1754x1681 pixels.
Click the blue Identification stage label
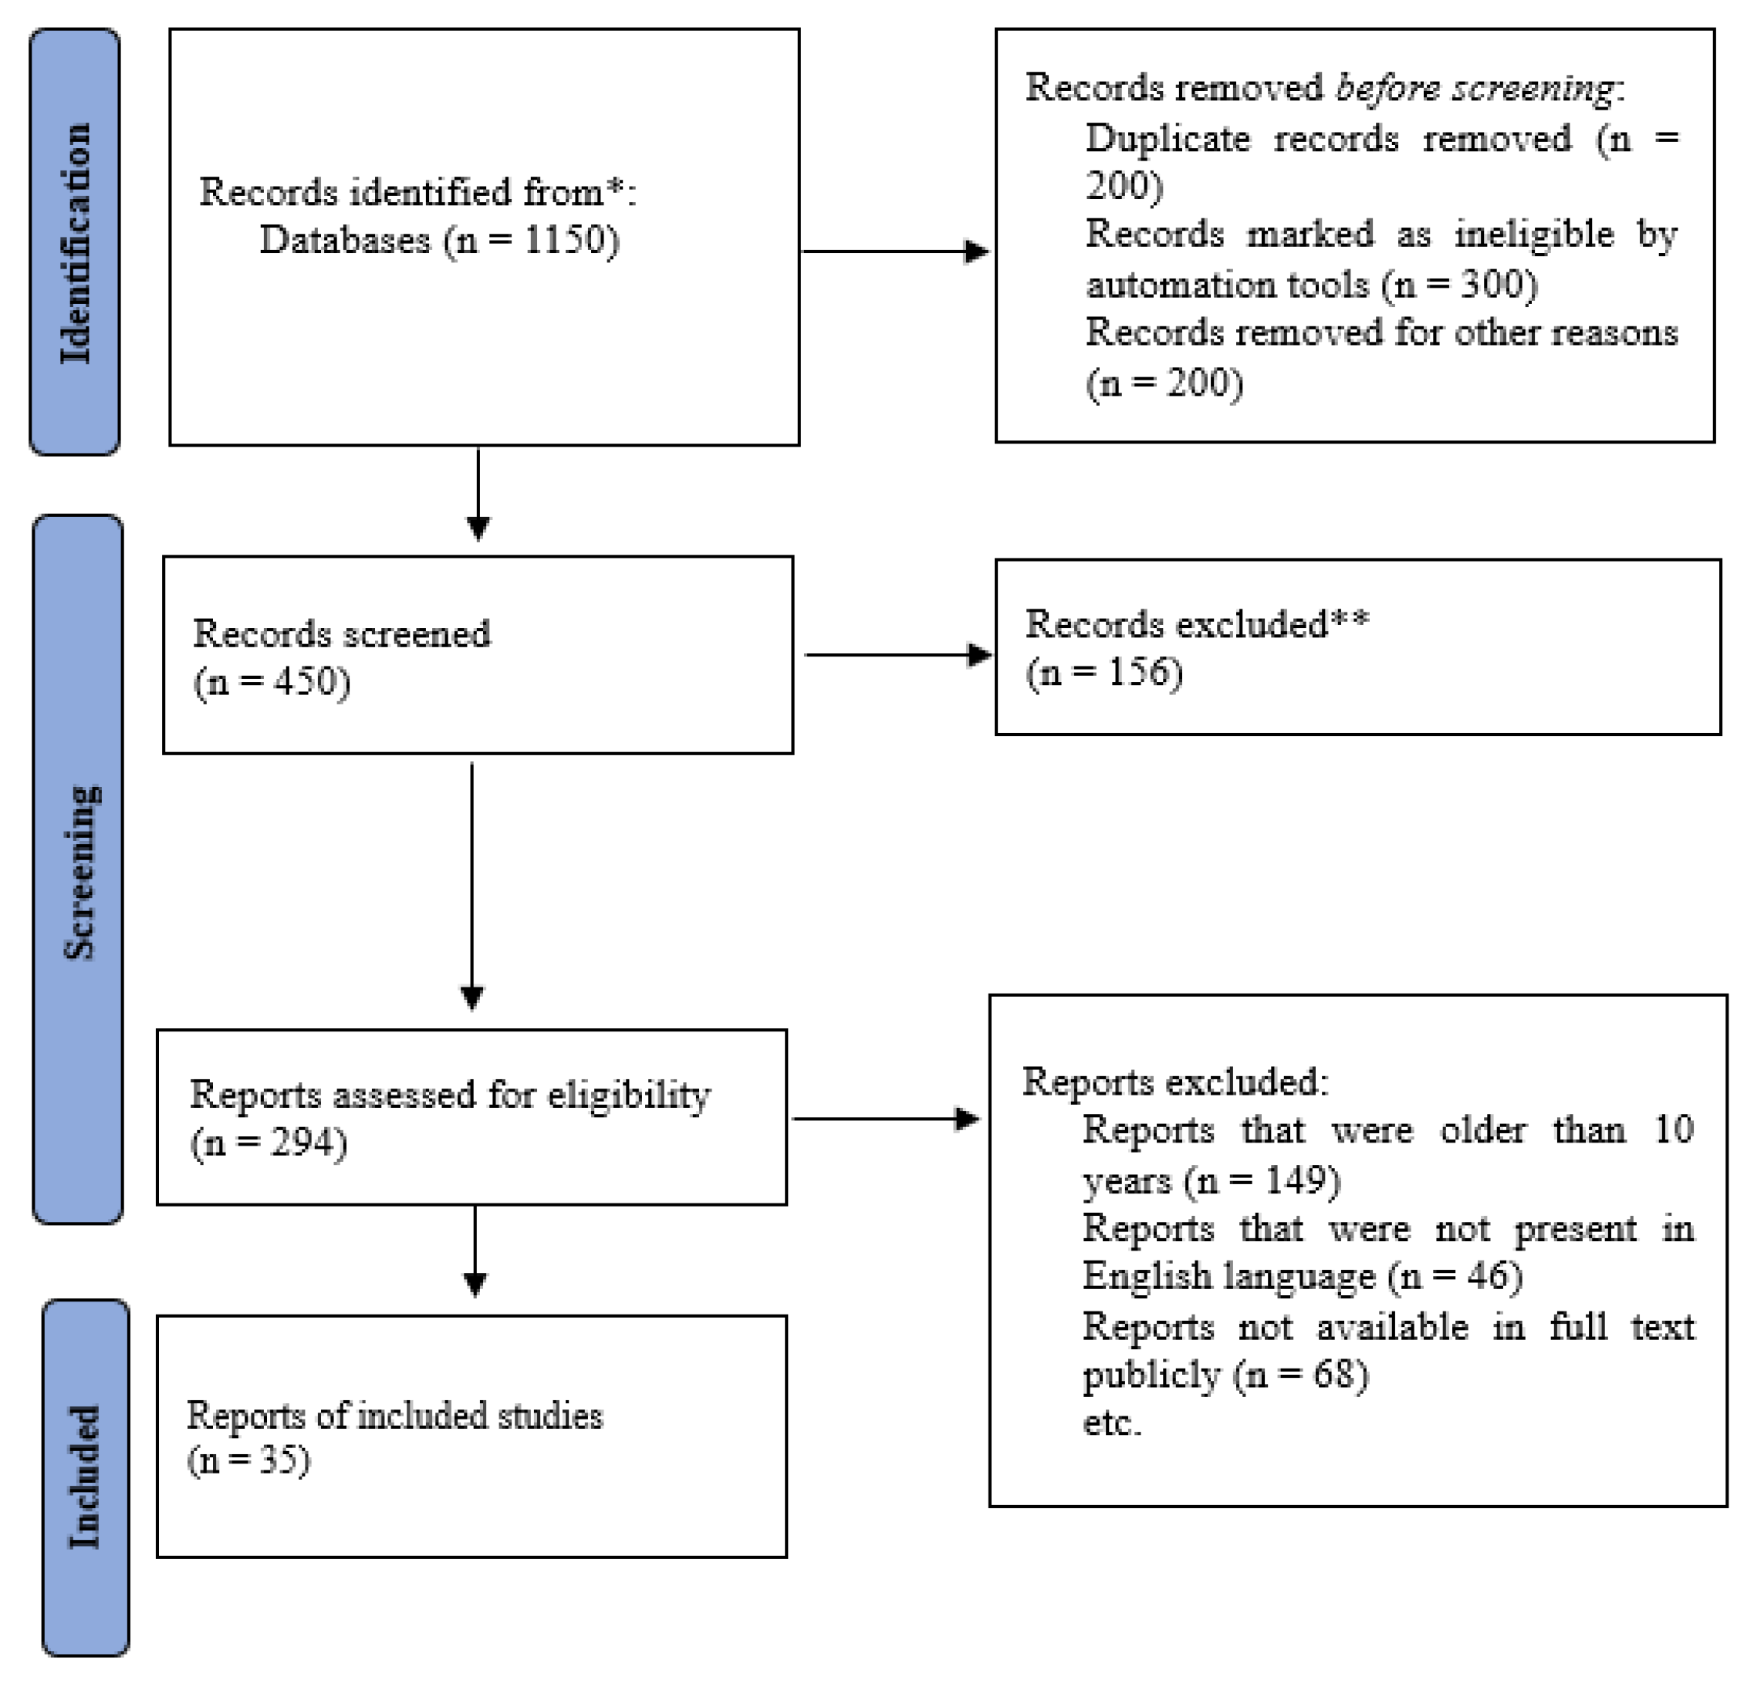(x=75, y=241)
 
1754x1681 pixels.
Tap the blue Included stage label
(x=86, y=1476)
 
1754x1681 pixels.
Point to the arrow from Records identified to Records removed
(x=895, y=251)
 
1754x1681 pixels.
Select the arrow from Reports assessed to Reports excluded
(x=886, y=1119)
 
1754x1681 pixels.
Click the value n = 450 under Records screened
(x=272, y=682)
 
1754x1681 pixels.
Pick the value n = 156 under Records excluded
(x=1104, y=672)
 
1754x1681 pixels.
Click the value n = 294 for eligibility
(x=269, y=1143)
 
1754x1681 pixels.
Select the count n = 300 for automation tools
(x=1459, y=285)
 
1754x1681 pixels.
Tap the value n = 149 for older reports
(x=1262, y=1180)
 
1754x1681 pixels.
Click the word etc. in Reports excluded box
(x=1112, y=1423)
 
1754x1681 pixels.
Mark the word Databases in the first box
(x=344, y=240)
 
